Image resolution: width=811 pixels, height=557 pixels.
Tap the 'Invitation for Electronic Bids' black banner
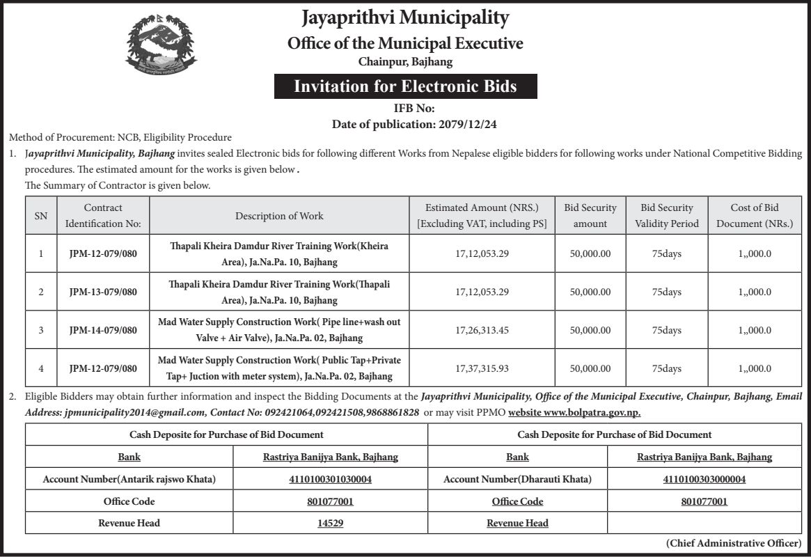point(405,86)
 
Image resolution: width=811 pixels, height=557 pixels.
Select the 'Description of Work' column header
point(279,216)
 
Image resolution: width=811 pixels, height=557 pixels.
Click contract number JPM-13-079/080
point(103,292)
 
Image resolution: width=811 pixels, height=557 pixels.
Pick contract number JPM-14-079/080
point(103,330)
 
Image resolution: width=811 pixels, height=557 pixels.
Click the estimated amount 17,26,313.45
point(482,330)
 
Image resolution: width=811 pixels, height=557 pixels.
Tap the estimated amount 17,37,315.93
point(482,368)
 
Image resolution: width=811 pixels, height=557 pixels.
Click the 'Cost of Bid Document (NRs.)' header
point(755,216)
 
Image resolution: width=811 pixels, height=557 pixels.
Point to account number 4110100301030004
point(331,479)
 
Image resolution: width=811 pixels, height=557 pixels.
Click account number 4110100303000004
point(704,479)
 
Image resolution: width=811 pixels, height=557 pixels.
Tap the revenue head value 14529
point(331,523)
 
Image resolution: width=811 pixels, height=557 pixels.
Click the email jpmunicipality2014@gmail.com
point(134,412)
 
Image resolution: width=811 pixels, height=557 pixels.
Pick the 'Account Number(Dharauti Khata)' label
point(517,479)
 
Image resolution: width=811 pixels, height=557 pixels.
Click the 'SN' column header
point(41,216)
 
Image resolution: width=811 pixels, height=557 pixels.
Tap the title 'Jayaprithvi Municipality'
point(405,18)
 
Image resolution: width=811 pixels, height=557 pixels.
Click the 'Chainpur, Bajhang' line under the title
point(405,62)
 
